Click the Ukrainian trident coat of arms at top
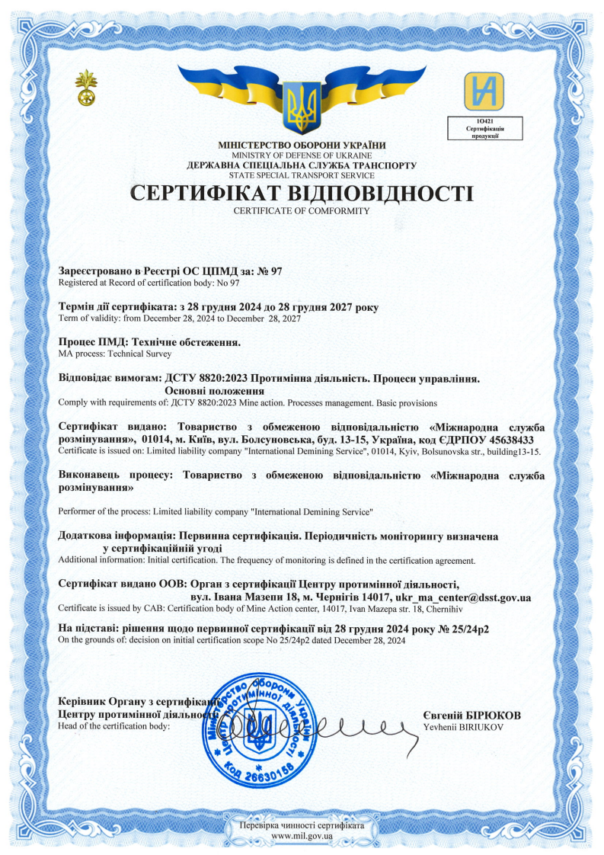[302, 106]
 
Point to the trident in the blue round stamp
[258, 730]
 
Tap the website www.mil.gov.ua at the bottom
[302, 836]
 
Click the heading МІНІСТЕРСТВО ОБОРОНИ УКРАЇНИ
[302, 145]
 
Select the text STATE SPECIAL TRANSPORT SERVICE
[302, 175]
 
